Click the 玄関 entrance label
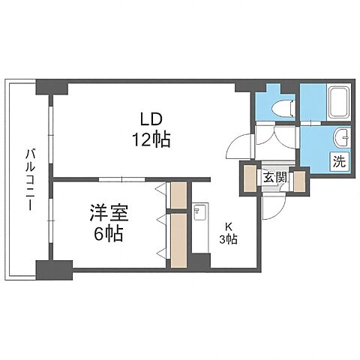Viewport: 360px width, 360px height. [x=274, y=178]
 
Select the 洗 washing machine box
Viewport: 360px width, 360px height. [x=340, y=160]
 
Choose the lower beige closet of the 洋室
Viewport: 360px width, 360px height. [x=178, y=240]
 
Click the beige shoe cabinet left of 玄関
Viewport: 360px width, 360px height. [x=248, y=179]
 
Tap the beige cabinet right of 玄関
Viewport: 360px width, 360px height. [x=298, y=181]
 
